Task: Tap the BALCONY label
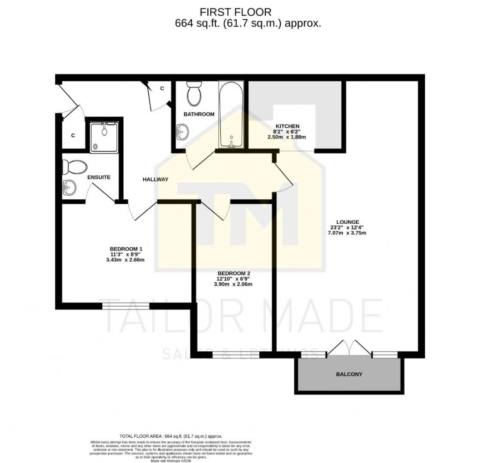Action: (349, 375)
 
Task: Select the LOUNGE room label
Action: (347, 221)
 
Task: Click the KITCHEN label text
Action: (287, 126)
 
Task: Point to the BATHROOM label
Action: (199, 114)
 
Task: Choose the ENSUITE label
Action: (99, 177)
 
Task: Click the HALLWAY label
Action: (155, 179)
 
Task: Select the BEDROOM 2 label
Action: (233, 273)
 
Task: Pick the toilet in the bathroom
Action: (193, 94)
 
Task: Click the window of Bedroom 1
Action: (126, 306)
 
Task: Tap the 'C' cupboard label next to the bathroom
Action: (162, 88)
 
